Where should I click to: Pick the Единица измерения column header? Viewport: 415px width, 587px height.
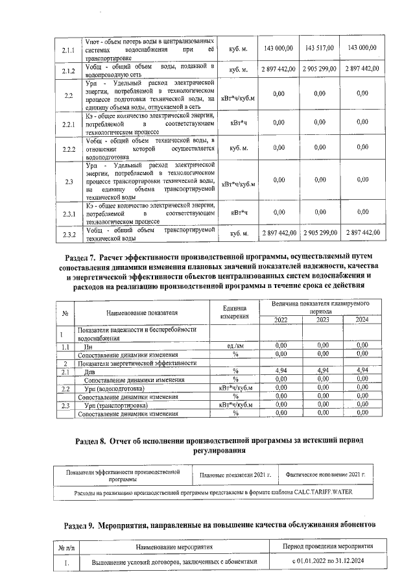click(235, 312)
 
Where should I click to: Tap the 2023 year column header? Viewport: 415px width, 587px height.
click(322, 319)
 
